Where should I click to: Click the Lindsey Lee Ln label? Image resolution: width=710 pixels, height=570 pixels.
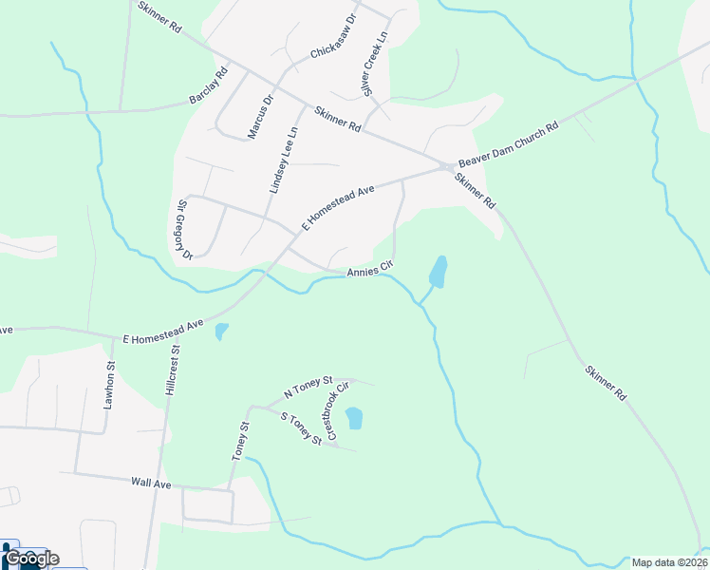click(283, 161)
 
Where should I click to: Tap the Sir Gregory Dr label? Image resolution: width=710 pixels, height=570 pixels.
click(184, 230)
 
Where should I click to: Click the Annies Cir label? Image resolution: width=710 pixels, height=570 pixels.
click(369, 271)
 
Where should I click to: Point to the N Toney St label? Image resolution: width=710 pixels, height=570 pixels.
click(308, 387)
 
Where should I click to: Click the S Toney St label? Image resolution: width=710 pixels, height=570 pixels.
click(302, 428)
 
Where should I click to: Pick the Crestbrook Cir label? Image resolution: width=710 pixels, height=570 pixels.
click(337, 409)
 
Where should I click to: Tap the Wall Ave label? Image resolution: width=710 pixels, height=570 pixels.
click(151, 484)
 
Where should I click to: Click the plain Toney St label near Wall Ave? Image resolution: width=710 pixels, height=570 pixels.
click(239, 442)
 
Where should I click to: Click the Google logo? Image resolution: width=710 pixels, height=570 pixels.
click(31, 558)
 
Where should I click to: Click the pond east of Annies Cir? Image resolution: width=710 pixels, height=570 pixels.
click(439, 271)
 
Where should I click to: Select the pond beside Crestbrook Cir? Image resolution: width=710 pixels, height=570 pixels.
click(354, 418)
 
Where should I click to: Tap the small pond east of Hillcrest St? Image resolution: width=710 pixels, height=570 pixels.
click(222, 332)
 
